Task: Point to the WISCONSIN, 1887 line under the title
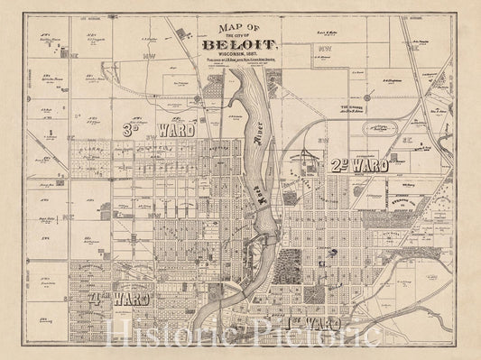tap(239, 58)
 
